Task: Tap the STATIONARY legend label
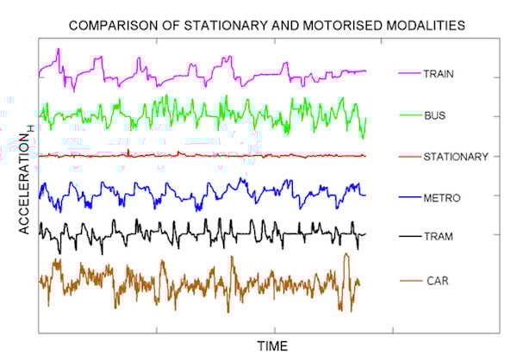pos(456,157)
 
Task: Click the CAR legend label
pos(436,281)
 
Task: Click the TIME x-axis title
pos(271,345)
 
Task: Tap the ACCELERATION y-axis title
pos(25,181)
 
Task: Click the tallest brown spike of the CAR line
pos(346,255)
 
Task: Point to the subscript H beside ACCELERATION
pos(33,128)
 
